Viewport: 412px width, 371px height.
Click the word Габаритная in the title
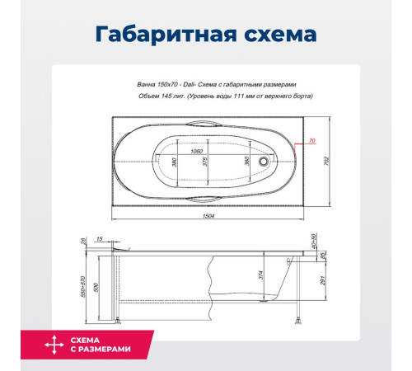click(162, 35)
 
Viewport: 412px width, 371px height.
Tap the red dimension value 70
click(312, 142)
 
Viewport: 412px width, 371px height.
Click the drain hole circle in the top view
click(265, 162)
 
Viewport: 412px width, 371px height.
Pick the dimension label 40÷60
click(314, 240)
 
